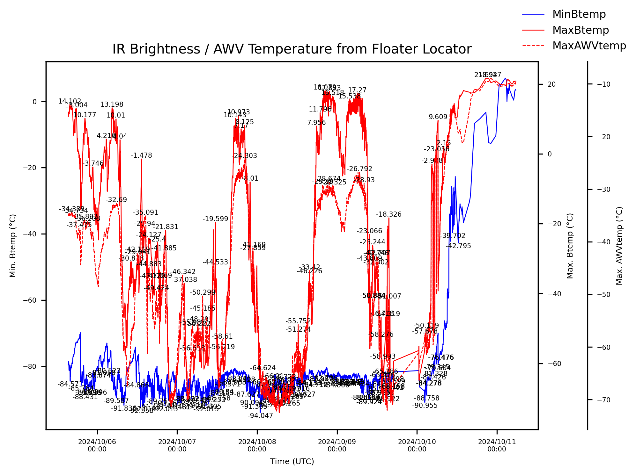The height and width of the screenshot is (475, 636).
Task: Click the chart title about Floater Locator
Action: point(292,49)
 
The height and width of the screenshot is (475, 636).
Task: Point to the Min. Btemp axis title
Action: point(13,245)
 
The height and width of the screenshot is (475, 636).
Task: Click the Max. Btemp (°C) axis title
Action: point(570,246)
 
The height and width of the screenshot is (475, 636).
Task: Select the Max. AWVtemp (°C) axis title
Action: point(619,246)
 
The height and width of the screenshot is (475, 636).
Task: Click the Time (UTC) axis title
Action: point(292,461)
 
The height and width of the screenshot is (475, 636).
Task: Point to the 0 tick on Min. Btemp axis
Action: point(34,102)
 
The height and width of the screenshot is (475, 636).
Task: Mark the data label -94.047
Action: point(260,415)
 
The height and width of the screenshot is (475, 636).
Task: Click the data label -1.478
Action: point(141,155)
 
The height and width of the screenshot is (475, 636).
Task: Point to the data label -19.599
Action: point(215,219)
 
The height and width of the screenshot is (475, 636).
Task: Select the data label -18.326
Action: point(388,214)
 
